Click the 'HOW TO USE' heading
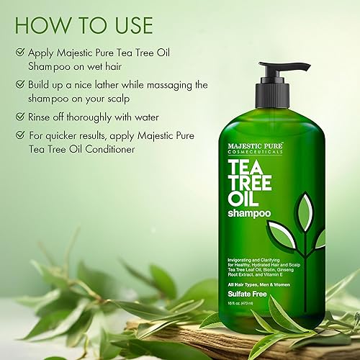click(84, 24)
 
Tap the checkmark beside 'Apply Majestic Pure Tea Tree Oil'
click(19, 53)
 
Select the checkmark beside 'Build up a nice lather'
click(19, 84)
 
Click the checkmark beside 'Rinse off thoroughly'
click(19, 116)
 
